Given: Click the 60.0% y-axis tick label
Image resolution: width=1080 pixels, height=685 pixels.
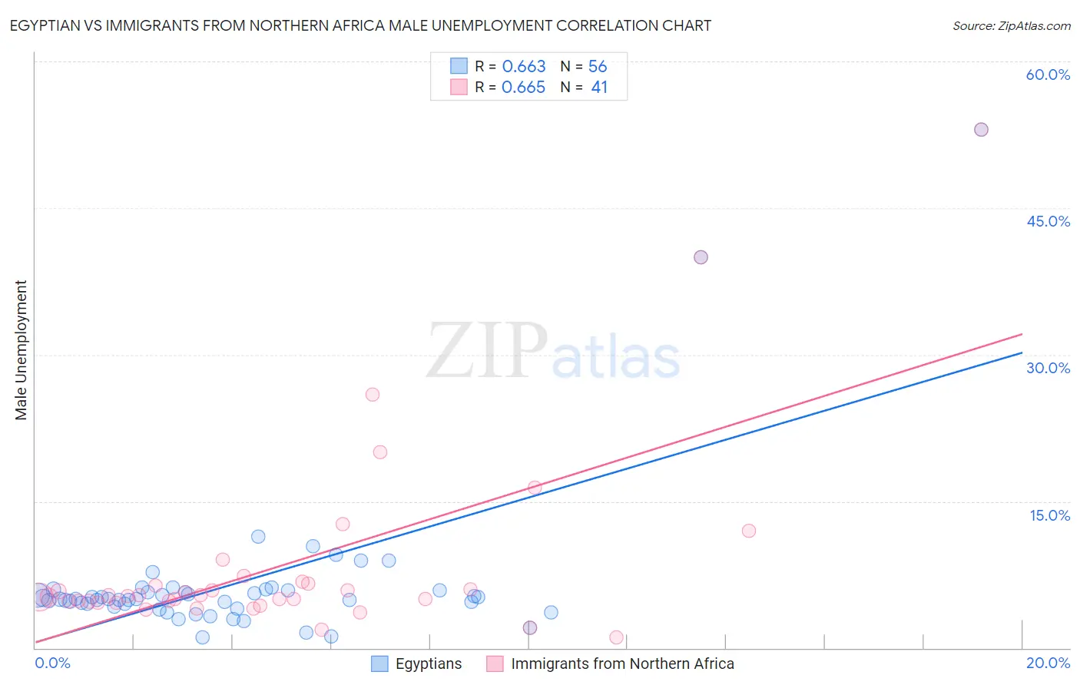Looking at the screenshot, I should [1048, 74].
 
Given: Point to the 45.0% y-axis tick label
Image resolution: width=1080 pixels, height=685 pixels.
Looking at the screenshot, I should [1048, 221].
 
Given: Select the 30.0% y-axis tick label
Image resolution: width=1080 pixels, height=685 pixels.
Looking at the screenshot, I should [1048, 368].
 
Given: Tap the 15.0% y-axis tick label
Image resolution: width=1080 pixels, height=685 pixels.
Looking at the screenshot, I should [1049, 515].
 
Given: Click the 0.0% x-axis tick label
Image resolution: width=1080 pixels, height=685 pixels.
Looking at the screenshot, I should [52, 663].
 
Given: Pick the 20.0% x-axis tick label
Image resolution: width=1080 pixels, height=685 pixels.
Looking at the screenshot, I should [1048, 663].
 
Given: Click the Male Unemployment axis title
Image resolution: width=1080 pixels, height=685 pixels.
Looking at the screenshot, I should [21, 350].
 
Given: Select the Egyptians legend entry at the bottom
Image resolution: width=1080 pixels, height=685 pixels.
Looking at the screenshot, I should [416, 663].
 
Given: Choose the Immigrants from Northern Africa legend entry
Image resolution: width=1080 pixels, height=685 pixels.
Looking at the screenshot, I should [611, 663].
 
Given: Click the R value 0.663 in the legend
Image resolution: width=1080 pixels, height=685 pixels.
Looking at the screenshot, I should [524, 67].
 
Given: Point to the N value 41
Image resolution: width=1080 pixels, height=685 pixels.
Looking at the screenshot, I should [599, 88].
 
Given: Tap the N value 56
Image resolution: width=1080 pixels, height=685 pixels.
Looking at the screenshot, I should [598, 67].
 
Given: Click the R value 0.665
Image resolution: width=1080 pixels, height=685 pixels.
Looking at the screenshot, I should [524, 88].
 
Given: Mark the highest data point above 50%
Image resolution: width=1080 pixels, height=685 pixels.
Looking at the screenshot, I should [981, 130].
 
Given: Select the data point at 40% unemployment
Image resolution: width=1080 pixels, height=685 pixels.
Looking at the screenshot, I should [701, 257].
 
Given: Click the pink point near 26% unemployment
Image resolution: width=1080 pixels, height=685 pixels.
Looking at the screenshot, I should [373, 395].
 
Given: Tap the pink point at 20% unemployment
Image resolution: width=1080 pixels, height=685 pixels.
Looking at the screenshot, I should [380, 452].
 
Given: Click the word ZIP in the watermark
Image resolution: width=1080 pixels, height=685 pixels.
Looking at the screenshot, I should [487, 351].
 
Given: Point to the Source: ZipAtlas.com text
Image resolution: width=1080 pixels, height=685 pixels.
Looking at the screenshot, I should [1011, 26].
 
